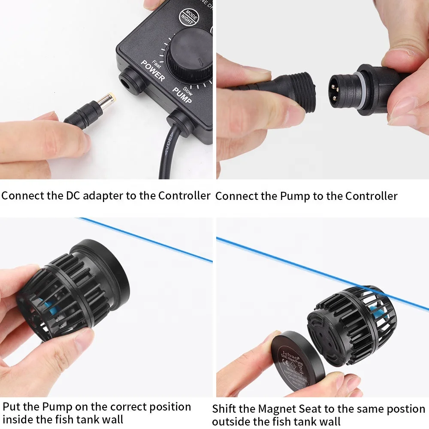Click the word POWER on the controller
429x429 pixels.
153,71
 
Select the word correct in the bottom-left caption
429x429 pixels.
128,406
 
